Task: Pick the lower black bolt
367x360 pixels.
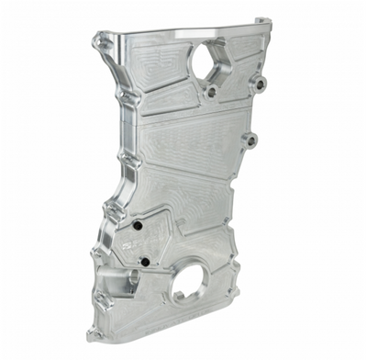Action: tap(144, 263)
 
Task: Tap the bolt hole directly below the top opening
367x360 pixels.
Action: tap(212, 92)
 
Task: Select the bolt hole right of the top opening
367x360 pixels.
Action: tap(260, 84)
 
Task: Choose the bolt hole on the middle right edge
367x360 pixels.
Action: tap(251, 141)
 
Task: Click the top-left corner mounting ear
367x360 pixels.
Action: tap(97, 40)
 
